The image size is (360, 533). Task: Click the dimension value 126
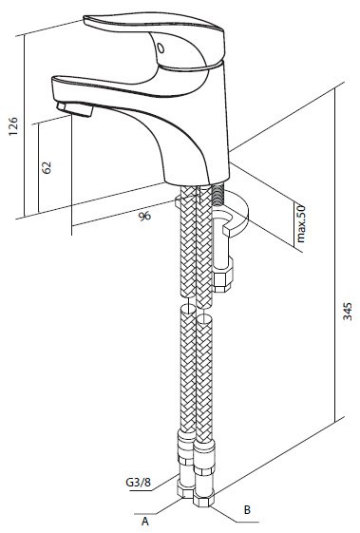[13, 126]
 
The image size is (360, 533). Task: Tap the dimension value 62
[47, 167]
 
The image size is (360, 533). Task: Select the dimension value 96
[144, 216]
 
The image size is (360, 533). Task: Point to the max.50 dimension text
[301, 223]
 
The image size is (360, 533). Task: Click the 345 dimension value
[348, 311]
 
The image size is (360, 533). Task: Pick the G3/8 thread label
[138, 482]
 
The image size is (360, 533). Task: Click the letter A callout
[145, 521]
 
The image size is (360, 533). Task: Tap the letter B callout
[247, 509]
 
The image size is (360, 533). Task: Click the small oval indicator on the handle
[161, 48]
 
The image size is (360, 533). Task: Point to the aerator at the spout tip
[75, 108]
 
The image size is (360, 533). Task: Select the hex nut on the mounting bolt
[222, 276]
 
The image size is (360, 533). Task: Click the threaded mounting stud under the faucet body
[218, 195]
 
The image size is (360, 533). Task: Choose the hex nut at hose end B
[203, 499]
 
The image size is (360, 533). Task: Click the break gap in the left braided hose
[188, 301]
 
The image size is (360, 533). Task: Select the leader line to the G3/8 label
[165, 483]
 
